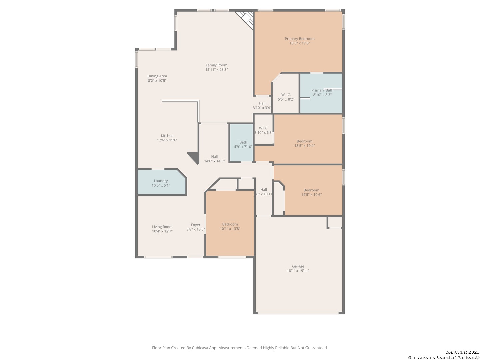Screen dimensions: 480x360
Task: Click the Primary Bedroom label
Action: tap(299, 39)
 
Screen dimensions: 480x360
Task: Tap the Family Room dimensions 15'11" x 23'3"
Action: tap(216, 70)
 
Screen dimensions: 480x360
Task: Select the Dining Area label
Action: tap(157, 76)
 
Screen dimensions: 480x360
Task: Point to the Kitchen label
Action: tap(167, 136)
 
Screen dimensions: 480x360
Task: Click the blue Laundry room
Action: tap(161, 182)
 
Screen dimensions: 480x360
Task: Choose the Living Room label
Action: tap(162, 227)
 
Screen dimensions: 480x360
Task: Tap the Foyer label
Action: tap(195, 225)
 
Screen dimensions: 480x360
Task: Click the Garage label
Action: tap(298, 266)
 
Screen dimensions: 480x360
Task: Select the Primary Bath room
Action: tap(321, 93)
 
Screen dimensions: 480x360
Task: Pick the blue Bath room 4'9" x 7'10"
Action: tap(241, 143)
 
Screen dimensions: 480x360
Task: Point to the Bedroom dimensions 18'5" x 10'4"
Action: tap(304, 146)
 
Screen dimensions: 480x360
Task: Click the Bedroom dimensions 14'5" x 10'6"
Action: tap(311, 195)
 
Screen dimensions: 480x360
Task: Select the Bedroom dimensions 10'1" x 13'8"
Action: tap(230, 229)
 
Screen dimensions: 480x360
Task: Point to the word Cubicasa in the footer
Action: tap(200, 348)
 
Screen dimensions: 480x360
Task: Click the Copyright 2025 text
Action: tap(462, 352)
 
